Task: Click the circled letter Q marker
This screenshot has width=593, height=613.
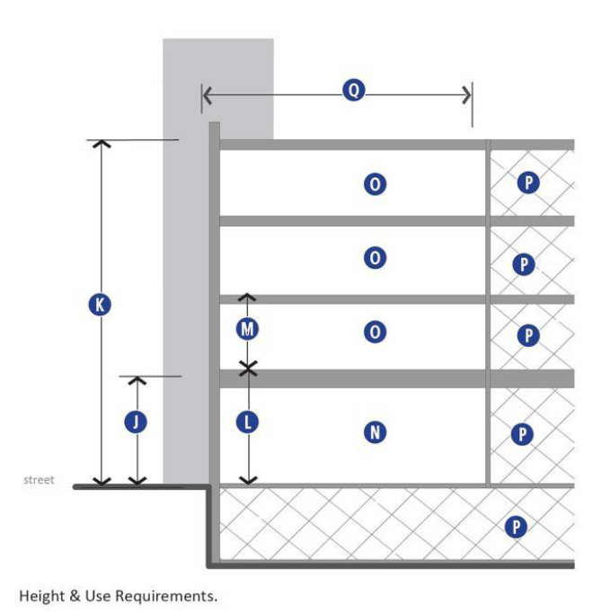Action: click(354, 90)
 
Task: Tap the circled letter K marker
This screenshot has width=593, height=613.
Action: click(101, 305)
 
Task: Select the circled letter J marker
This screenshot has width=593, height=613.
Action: click(136, 422)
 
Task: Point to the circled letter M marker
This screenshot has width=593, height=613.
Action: click(248, 330)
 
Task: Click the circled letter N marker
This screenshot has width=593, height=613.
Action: click(375, 433)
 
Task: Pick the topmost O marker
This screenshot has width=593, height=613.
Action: click(375, 184)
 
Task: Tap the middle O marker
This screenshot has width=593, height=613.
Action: click(375, 259)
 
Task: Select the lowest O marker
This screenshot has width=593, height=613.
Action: click(375, 333)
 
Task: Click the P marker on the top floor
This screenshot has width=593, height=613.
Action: click(528, 183)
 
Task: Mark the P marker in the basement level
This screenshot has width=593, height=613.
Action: click(516, 527)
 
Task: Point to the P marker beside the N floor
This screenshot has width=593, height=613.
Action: click(522, 435)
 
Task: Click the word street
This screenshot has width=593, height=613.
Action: click(39, 480)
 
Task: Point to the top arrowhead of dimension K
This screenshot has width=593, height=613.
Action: click(101, 144)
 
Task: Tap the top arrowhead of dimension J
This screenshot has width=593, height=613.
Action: click(137, 379)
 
